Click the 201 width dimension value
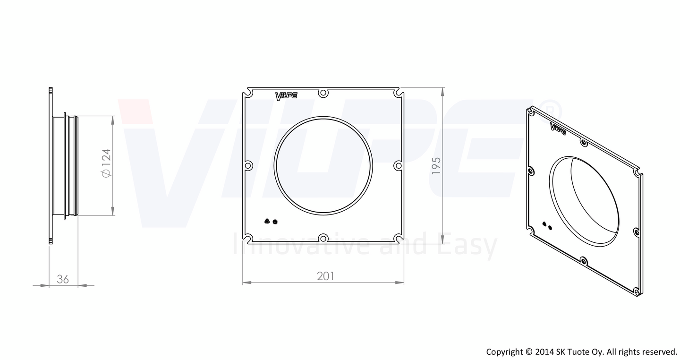(x=325, y=276)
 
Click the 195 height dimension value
(x=436, y=165)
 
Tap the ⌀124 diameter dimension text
(x=106, y=163)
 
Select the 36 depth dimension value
(x=63, y=279)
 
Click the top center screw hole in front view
(x=323, y=93)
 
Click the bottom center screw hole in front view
(x=323, y=238)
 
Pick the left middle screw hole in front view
(x=248, y=165)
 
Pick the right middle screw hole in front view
(x=398, y=165)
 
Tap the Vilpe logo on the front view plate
(x=286, y=96)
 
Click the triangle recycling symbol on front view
(x=267, y=221)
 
